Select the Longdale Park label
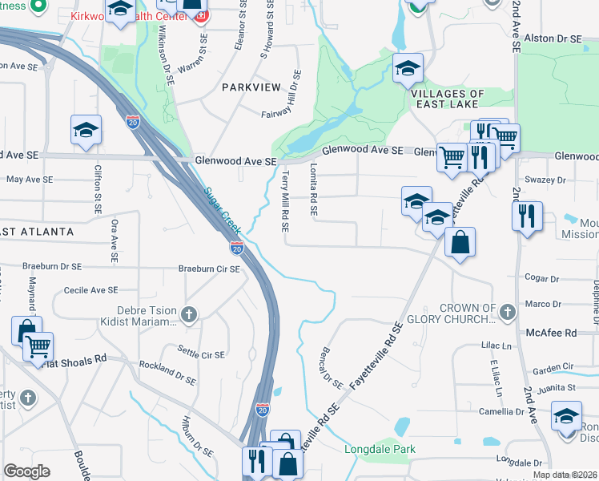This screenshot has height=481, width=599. [380, 450]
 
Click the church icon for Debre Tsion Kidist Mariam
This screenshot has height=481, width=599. [188, 313]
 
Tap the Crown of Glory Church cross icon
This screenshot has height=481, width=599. [506, 310]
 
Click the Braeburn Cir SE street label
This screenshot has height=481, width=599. [208, 269]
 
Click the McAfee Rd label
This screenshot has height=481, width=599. [551, 332]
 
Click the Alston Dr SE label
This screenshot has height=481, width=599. [557, 38]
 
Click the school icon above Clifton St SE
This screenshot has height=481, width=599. [86, 130]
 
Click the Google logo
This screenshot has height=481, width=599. [27, 471]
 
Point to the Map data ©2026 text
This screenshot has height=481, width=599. [565, 475]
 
